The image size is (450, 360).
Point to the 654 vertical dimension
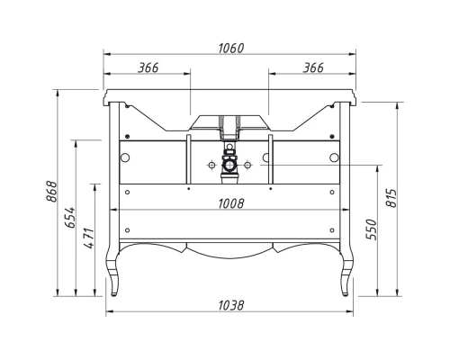(x=70, y=217)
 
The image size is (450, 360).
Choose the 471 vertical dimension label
(x=87, y=239)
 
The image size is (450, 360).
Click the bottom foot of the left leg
(x=115, y=291)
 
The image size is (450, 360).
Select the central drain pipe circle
(x=229, y=165)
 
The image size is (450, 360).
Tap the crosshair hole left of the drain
(x=210, y=165)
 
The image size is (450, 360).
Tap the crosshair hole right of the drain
(x=247, y=165)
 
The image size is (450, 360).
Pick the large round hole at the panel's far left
(x=125, y=157)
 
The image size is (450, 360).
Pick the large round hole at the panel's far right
(x=335, y=157)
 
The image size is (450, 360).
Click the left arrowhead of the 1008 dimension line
(x=121, y=211)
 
